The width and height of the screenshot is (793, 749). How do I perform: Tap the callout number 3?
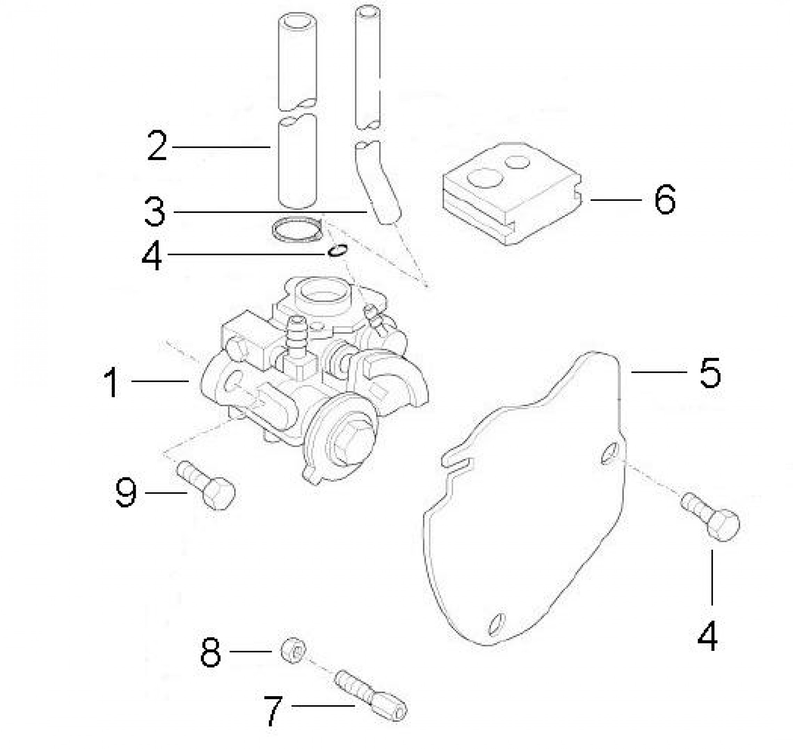tap(154, 212)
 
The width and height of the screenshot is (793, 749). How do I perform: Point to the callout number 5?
tap(710, 372)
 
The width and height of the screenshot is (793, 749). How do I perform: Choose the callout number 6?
tap(665, 200)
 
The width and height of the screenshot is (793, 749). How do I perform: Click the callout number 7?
tap(273, 710)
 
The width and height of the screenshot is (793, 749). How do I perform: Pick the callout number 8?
tap(210, 653)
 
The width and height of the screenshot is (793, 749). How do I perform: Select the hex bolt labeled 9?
tap(206, 485)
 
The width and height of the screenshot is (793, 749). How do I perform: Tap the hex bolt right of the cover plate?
tap(710, 517)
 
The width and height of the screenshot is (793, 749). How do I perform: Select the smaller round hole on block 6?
tap(517, 162)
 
